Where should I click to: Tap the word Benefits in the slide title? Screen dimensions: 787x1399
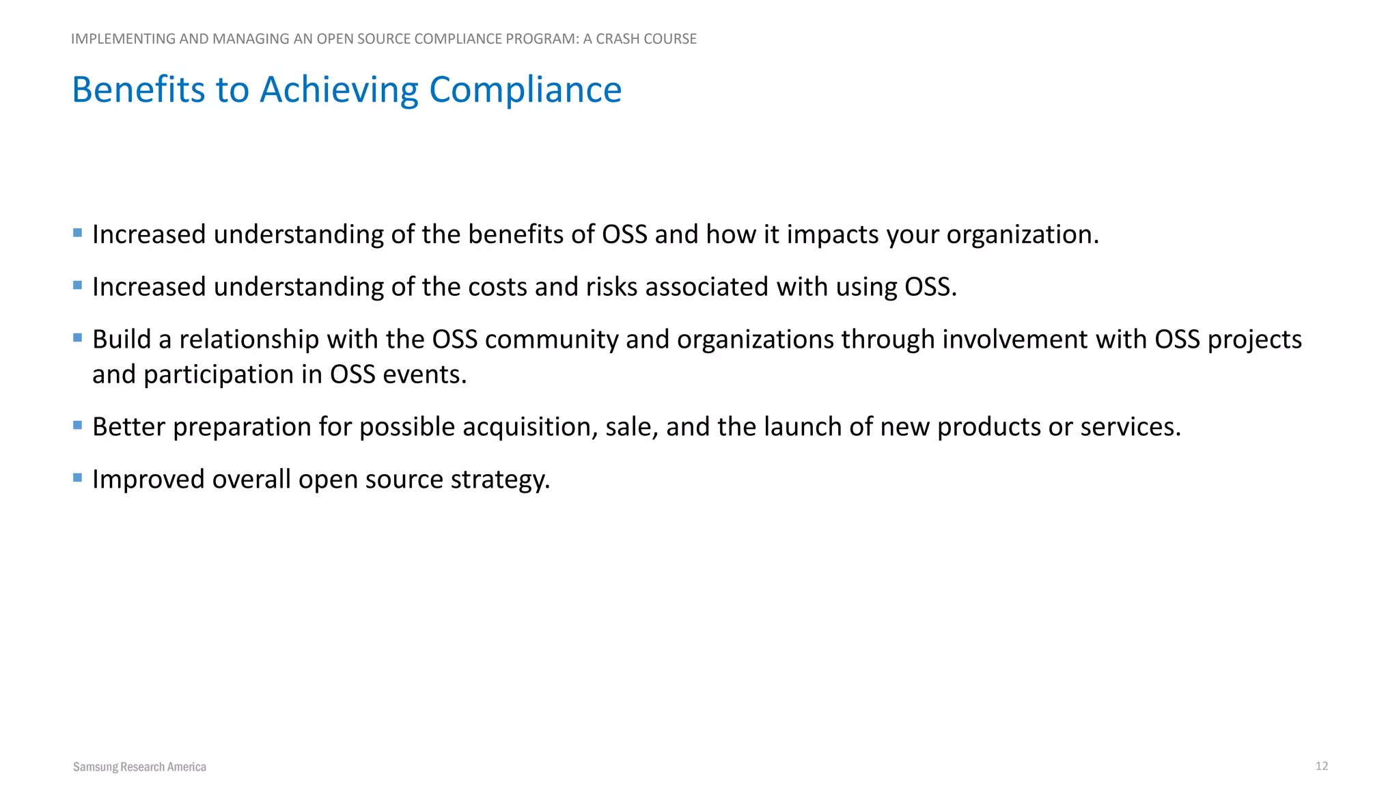click(138, 89)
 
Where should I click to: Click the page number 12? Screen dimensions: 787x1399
click(1321, 766)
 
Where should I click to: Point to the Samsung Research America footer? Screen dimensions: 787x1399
click(139, 767)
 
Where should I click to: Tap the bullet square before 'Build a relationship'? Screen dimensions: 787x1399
click(77, 337)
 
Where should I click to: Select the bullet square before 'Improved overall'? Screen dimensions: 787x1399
click(77, 478)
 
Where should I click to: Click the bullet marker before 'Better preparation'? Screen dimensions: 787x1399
click(77, 425)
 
